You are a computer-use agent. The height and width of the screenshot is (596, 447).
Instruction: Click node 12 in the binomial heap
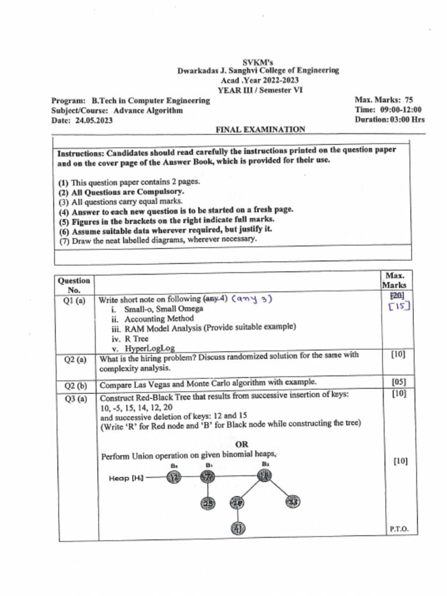(173, 478)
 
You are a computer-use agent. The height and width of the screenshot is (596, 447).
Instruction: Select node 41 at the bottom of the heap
(238, 528)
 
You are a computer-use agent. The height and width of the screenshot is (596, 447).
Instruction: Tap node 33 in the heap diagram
(293, 502)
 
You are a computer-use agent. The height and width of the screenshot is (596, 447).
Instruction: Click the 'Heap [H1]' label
(126, 478)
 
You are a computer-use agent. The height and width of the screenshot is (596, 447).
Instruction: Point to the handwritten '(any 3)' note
(252, 299)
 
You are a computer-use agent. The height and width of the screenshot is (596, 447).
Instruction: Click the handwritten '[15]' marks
(399, 306)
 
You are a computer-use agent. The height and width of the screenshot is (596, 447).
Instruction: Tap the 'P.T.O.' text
(399, 529)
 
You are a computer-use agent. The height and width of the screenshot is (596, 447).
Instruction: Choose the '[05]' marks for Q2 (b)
(399, 382)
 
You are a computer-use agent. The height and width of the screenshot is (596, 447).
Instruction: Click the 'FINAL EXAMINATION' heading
(260, 129)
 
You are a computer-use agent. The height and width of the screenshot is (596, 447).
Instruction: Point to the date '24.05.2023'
(94, 120)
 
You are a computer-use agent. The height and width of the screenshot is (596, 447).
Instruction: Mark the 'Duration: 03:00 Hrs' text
(389, 119)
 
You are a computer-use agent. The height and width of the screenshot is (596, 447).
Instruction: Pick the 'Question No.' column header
(74, 285)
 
